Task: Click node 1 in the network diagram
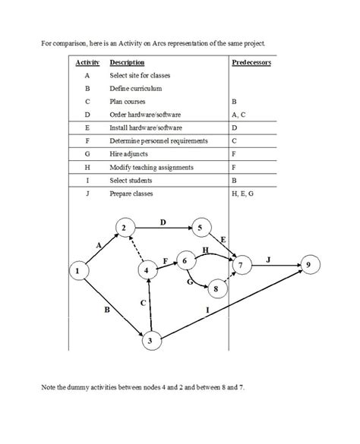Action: (x=77, y=270)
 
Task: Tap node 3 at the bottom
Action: (x=151, y=341)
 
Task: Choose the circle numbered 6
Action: (x=185, y=260)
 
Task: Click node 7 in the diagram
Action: (x=240, y=266)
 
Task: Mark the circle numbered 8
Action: (x=216, y=288)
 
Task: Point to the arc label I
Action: (x=207, y=310)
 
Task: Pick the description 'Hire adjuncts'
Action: (x=130, y=154)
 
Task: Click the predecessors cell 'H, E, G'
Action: (x=245, y=194)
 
